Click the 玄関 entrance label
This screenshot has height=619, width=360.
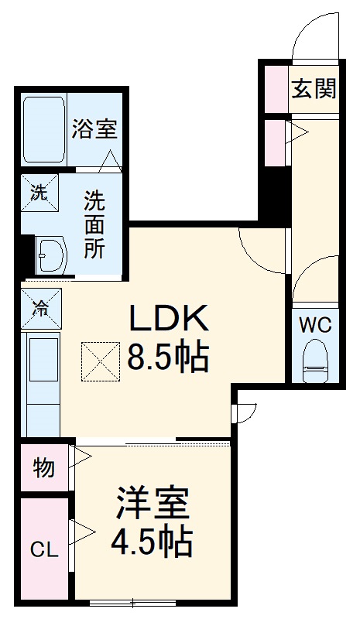pos(314,88)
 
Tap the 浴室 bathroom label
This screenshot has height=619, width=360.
pos(95,129)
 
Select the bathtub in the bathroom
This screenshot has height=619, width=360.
pos(43,129)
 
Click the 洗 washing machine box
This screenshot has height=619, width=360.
pos(39,194)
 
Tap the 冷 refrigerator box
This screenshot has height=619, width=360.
pos(39,307)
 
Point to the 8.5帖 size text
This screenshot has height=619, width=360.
pos(168,358)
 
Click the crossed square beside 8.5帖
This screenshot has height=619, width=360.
pos(100,360)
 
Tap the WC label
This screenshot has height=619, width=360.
pos(315,326)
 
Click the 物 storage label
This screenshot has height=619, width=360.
pos(43,467)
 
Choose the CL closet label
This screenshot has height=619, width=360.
pos(43,550)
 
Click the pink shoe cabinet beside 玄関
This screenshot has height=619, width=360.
pos(276,89)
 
